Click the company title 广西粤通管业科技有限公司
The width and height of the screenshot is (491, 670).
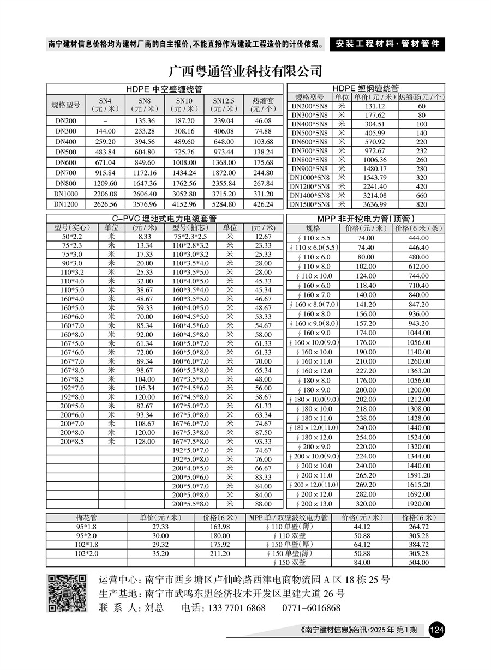click(x=245, y=71)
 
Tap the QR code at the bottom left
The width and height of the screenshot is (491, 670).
click(x=67, y=593)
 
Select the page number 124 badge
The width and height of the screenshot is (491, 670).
click(x=437, y=630)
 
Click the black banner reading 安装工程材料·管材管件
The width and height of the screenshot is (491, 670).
click(x=387, y=44)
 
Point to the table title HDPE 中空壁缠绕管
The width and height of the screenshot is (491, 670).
click(x=164, y=89)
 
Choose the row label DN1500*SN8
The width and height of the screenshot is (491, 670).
click(x=310, y=204)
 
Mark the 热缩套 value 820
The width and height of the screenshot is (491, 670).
click(x=422, y=204)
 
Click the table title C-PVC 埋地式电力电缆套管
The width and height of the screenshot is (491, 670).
click(x=164, y=219)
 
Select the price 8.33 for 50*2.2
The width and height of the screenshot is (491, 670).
click(x=145, y=237)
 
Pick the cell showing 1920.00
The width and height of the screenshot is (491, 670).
click(x=418, y=504)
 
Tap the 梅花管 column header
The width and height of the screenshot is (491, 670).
click(x=86, y=517)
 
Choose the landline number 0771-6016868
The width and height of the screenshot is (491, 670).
click(x=311, y=608)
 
